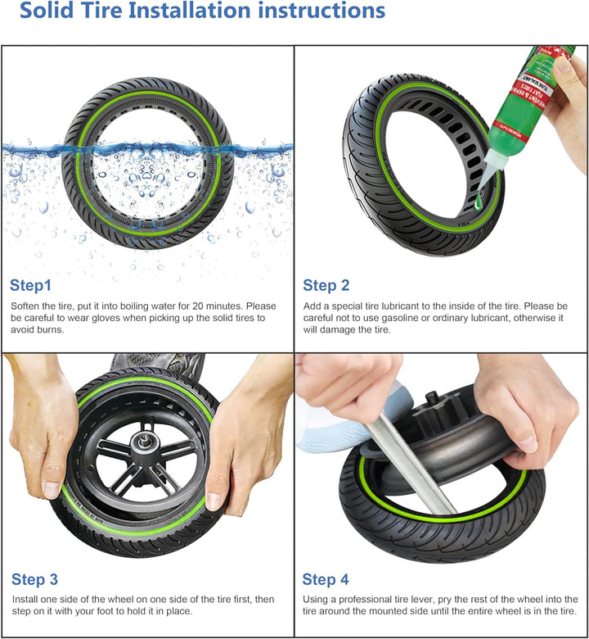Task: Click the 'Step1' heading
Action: coord(30,285)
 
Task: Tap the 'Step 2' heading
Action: coord(326,285)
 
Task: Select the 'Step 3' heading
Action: coord(34,579)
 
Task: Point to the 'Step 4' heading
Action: coord(326,579)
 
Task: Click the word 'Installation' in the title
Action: coord(189,10)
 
